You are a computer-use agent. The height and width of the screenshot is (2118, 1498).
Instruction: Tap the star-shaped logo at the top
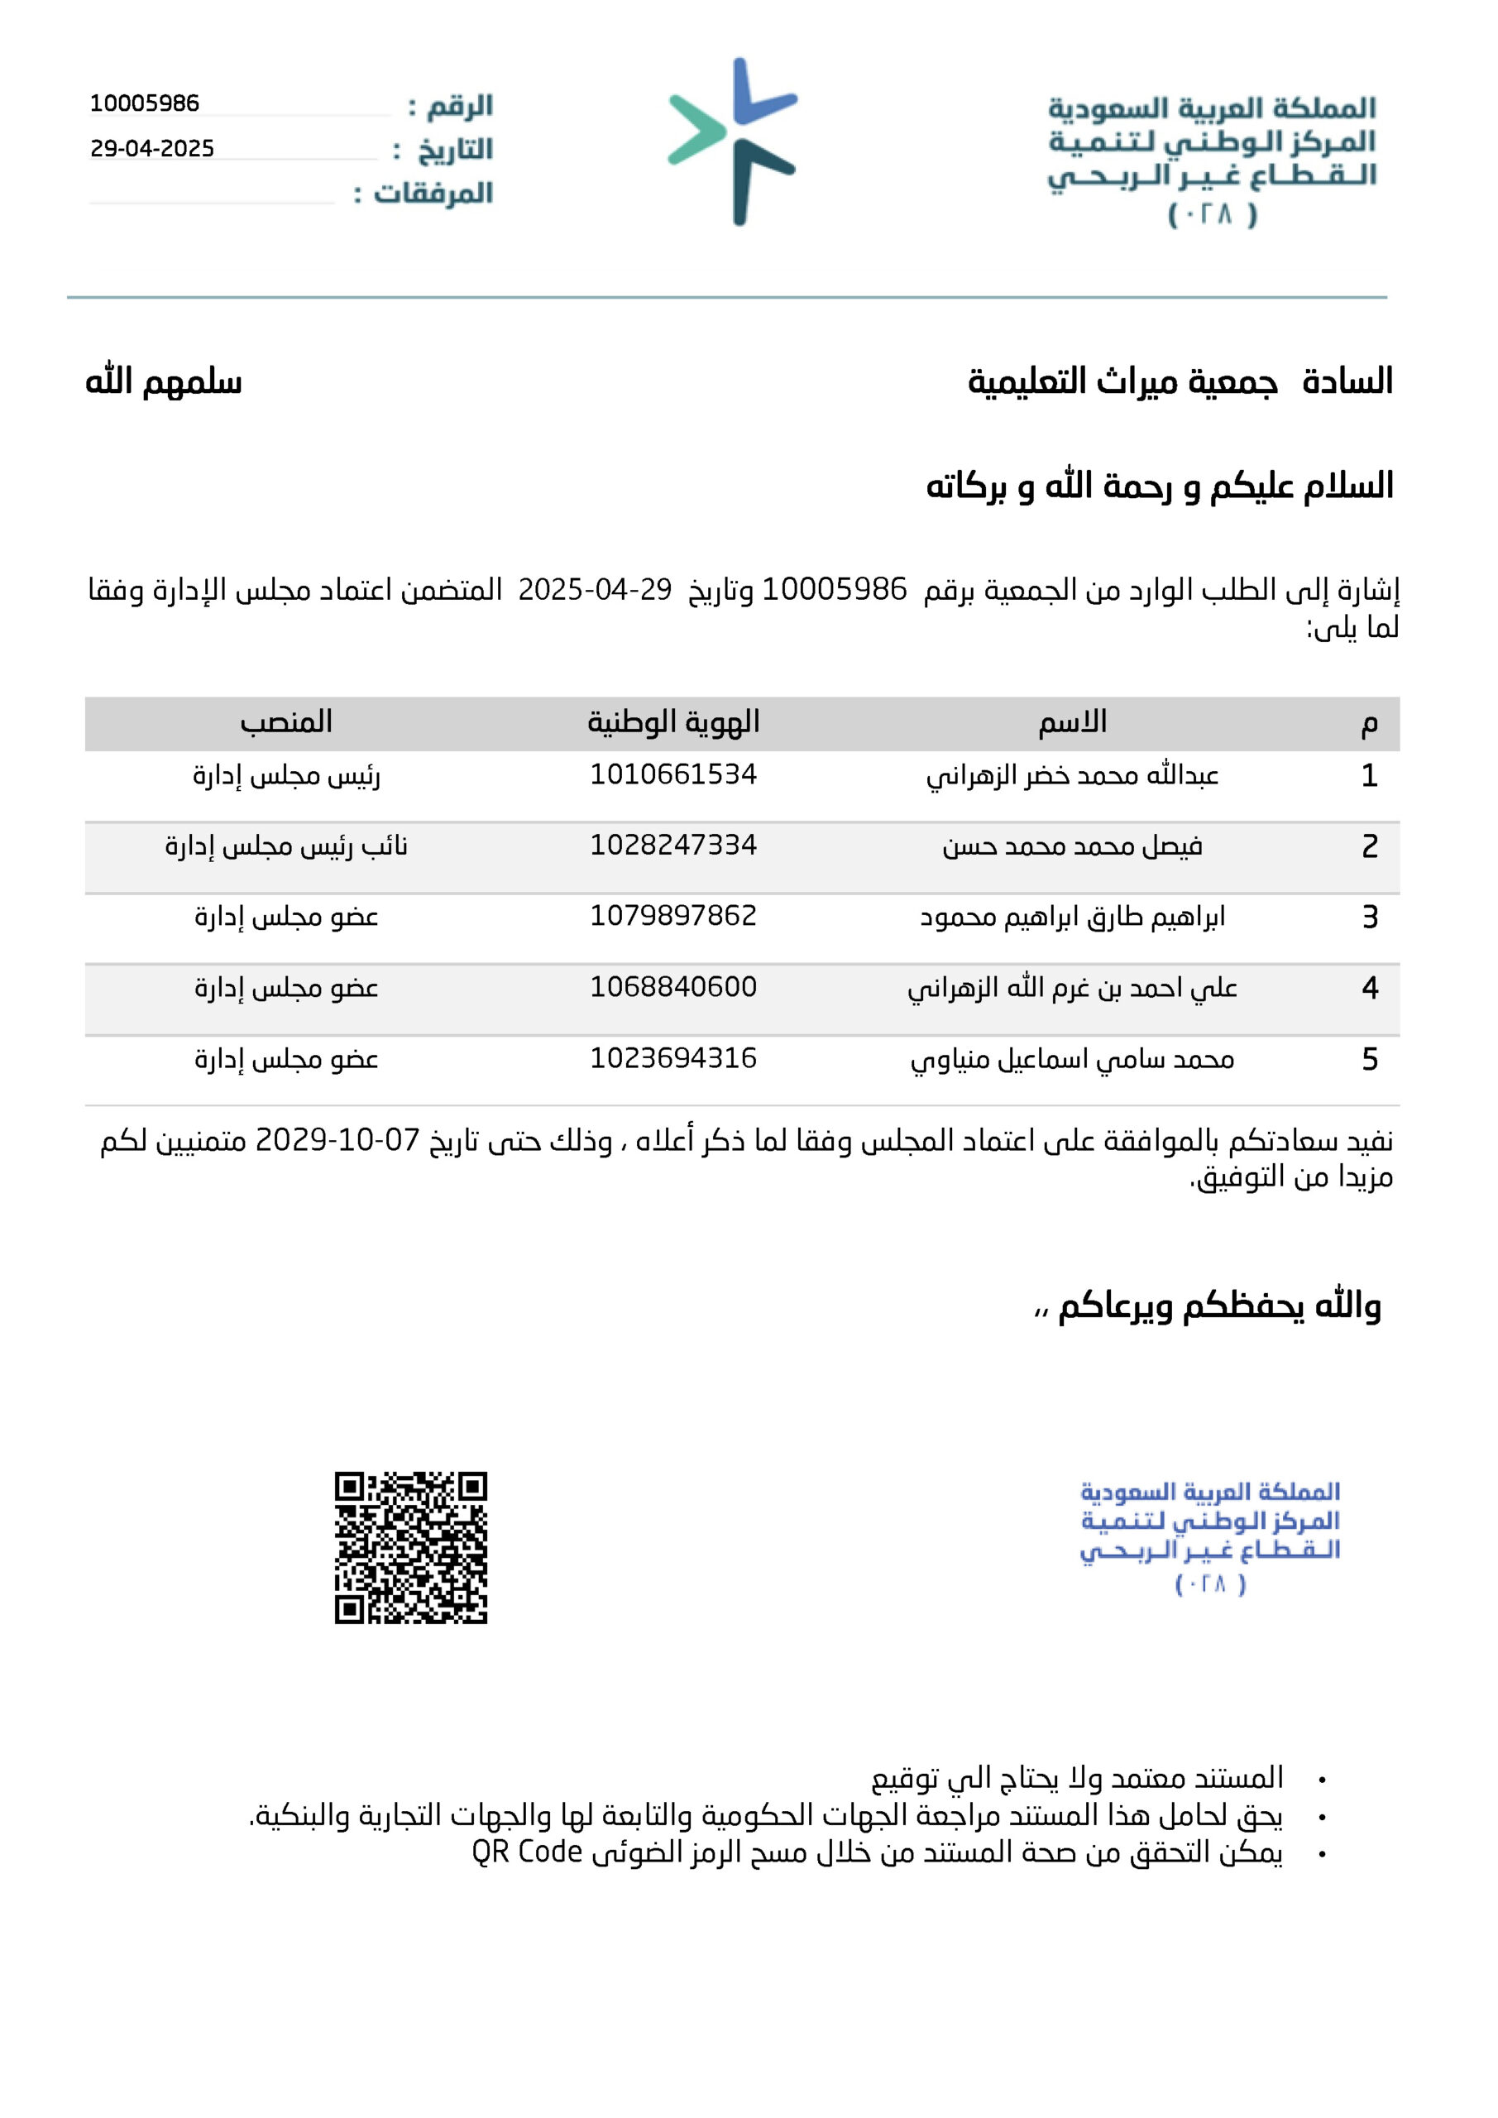click(x=734, y=141)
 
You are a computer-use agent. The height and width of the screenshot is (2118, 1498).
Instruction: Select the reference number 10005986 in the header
click(x=144, y=103)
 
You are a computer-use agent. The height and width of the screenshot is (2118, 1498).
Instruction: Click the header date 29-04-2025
click(x=152, y=149)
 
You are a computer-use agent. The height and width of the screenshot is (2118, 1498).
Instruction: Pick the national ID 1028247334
click(x=673, y=845)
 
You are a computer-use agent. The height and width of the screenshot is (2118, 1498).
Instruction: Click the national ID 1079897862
click(x=673, y=916)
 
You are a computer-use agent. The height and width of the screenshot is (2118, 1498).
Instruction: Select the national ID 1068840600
click(x=673, y=987)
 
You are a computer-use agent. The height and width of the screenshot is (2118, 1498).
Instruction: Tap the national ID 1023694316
click(x=673, y=1058)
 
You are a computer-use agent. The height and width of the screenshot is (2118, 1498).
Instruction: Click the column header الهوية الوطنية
click(x=673, y=722)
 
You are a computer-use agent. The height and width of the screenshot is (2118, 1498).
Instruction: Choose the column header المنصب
click(x=286, y=722)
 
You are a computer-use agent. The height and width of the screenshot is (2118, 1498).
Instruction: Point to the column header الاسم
click(x=1072, y=722)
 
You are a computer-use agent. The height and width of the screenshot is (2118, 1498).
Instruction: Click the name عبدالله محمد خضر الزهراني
click(x=1072, y=776)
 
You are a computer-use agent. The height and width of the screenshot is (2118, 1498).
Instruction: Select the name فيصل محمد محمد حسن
click(x=1072, y=846)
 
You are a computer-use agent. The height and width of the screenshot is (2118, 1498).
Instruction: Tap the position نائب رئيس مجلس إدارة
click(x=286, y=846)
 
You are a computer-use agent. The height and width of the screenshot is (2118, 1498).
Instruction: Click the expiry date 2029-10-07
click(x=337, y=1140)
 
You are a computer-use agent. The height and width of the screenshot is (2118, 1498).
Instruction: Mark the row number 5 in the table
click(x=1370, y=1059)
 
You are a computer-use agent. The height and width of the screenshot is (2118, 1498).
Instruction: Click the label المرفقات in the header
click(x=433, y=194)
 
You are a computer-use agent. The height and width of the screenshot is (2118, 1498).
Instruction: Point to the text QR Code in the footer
click(x=527, y=1852)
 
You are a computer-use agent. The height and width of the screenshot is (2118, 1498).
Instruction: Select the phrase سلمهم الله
click(x=164, y=382)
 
